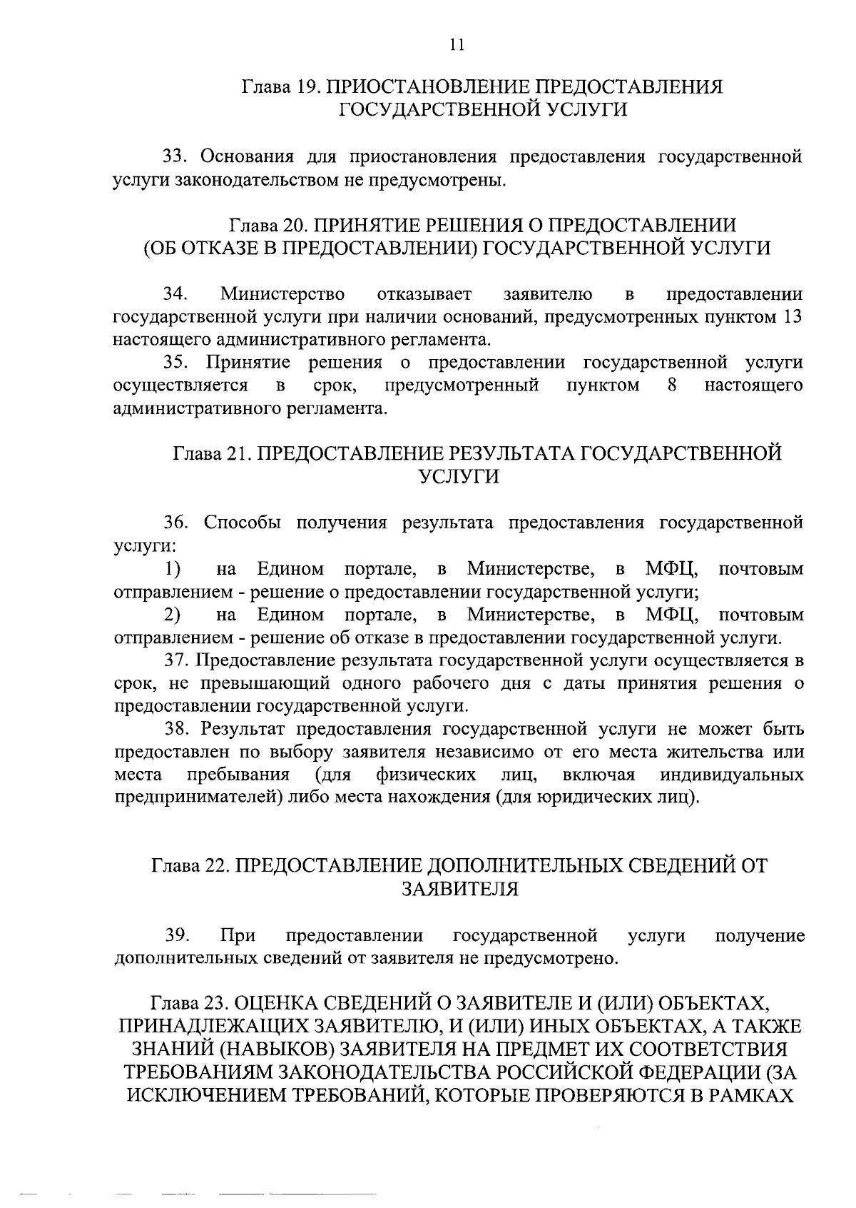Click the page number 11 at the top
coord(457,44)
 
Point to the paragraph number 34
coord(175,294)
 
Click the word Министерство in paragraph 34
coord(283,294)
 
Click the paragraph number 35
coord(175,363)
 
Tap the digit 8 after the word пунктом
coord(671,386)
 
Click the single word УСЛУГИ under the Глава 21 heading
coord(457,477)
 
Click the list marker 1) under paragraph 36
coord(171,569)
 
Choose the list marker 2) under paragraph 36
coord(171,615)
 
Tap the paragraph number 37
coord(176,660)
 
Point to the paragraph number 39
coord(175,935)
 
